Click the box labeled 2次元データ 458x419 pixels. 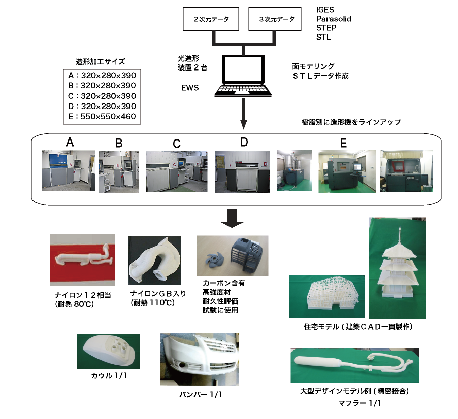pyautogui.click(x=211, y=20)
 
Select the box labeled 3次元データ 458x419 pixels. pyautogui.click(x=276, y=20)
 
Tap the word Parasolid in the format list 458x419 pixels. pyautogui.click(x=334, y=19)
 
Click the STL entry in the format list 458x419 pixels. pyautogui.click(x=323, y=37)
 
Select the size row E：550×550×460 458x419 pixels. pyautogui.click(x=102, y=117)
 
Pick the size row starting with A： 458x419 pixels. pyautogui.click(x=102, y=75)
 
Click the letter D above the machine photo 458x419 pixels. pyautogui.click(x=244, y=143)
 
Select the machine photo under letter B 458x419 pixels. pyautogui.click(x=119, y=171)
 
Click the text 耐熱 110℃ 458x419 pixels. pyautogui.click(x=152, y=302)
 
